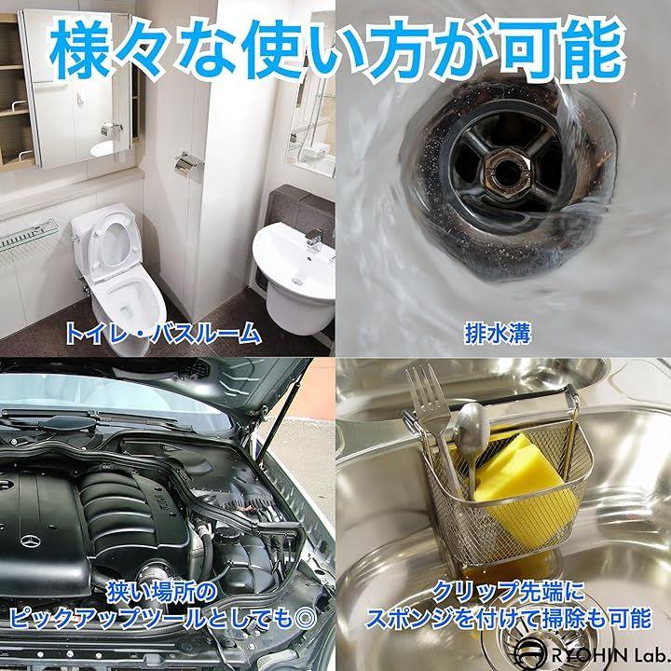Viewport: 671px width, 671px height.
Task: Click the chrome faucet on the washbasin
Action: tap(314, 240)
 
